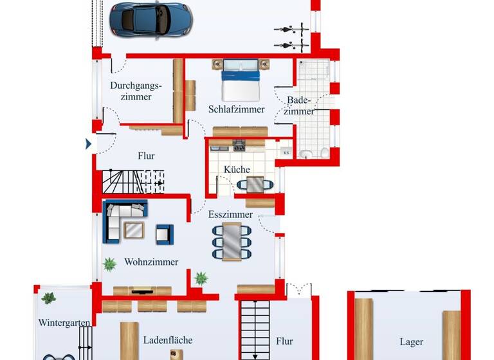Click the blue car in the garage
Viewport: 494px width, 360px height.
pos(151,19)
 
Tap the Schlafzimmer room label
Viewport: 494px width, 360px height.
pos(236,109)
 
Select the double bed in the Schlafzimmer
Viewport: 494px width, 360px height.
pos(240,80)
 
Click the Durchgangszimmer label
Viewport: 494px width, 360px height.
pos(135,91)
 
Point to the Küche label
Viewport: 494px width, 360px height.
pos(237,169)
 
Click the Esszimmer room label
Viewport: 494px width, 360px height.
pos(230,215)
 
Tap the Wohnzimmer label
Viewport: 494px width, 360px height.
pos(151,262)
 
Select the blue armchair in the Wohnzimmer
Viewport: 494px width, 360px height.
pos(165,234)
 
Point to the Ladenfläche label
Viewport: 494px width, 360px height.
pos(167,340)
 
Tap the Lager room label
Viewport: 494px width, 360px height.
pos(411,342)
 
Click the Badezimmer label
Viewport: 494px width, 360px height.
pos(300,105)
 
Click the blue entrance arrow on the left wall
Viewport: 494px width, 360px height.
pos(89,144)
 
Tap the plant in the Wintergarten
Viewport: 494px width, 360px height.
pos(49,298)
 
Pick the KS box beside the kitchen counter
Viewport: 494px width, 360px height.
pos(286,152)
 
